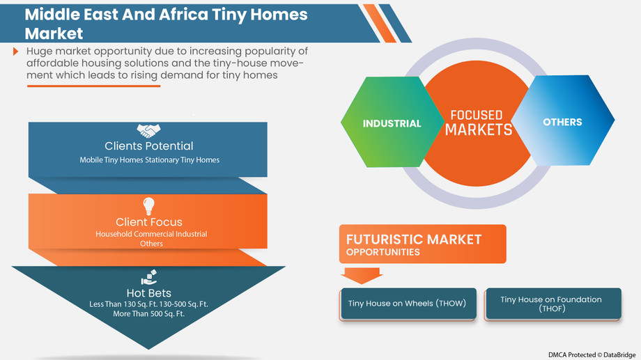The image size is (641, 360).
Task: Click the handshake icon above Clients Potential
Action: point(148,131)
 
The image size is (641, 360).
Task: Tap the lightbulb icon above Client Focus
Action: point(148,206)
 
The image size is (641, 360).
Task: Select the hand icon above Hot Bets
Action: point(148,277)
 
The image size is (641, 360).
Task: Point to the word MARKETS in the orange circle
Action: point(479,130)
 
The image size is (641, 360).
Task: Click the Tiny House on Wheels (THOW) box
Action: point(408,304)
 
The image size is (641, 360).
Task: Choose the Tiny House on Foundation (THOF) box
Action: point(551,304)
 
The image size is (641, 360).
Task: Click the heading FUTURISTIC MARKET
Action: point(414,240)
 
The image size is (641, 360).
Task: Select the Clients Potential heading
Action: point(149,146)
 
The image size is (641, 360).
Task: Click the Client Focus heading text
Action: point(149,222)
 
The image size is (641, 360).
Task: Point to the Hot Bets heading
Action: point(149,292)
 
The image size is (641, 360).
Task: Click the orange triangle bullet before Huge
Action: point(15,52)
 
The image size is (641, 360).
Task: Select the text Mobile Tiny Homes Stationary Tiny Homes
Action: point(149,160)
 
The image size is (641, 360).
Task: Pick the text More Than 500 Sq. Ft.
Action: point(149,314)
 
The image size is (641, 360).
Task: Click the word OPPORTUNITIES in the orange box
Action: point(383,252)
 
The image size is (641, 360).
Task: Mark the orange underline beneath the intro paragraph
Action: point(93,86)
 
